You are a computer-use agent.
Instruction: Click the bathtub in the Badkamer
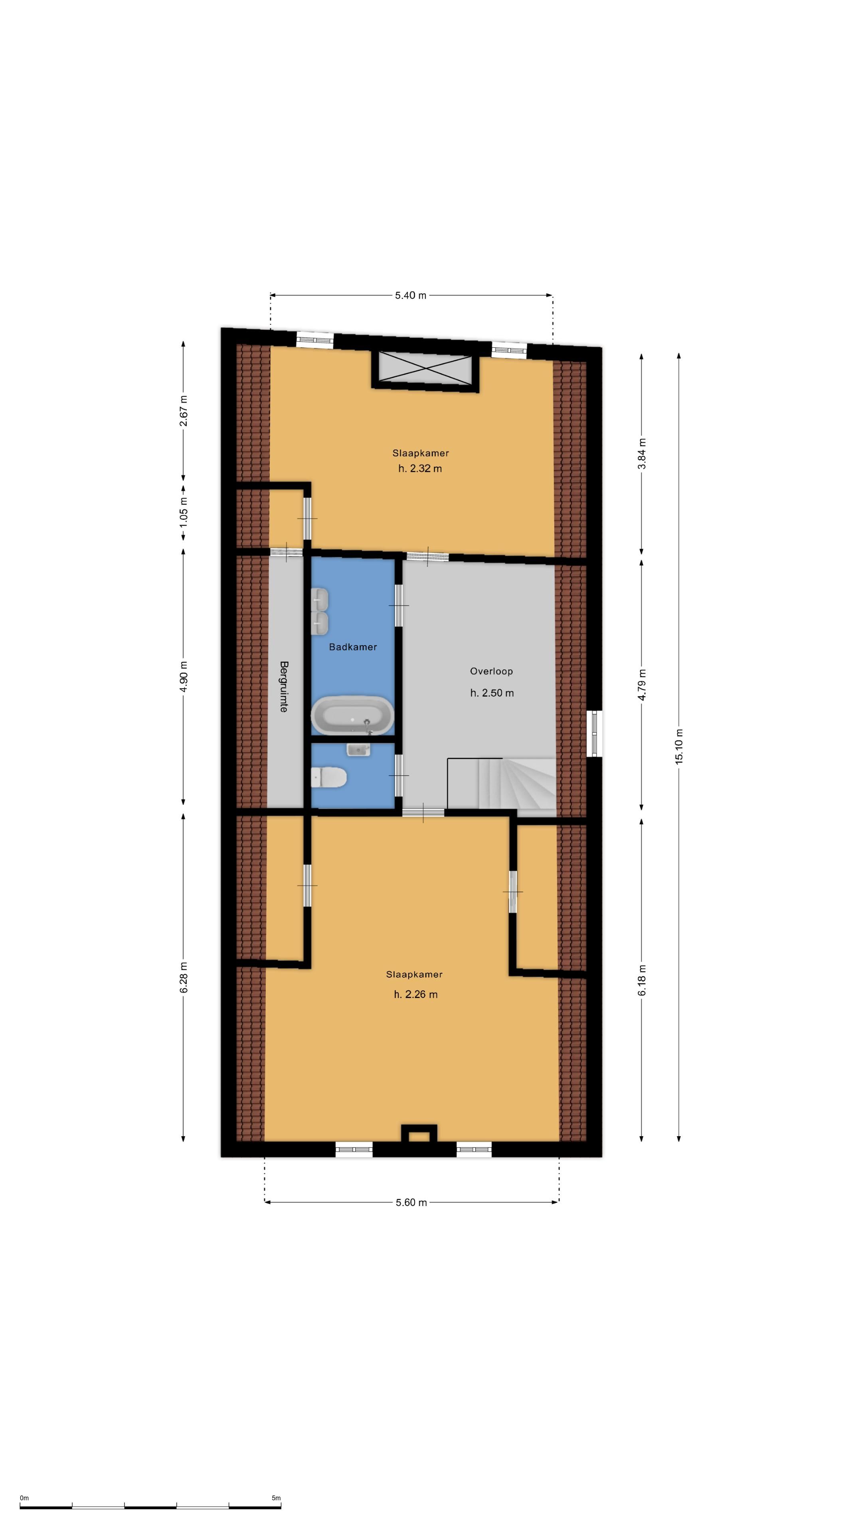(x=353, y=715)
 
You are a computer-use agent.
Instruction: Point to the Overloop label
(x=491, y=671)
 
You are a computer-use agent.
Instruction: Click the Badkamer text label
(x=353, y=646)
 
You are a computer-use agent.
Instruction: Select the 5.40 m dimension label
(x=411, y=295)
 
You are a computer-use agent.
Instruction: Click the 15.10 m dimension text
(x=679, y=746)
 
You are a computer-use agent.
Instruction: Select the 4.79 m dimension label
(x=641, y=685)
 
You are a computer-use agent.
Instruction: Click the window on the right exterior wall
(x=594, y=733)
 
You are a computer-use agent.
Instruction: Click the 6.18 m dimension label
(x=641, y=980)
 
